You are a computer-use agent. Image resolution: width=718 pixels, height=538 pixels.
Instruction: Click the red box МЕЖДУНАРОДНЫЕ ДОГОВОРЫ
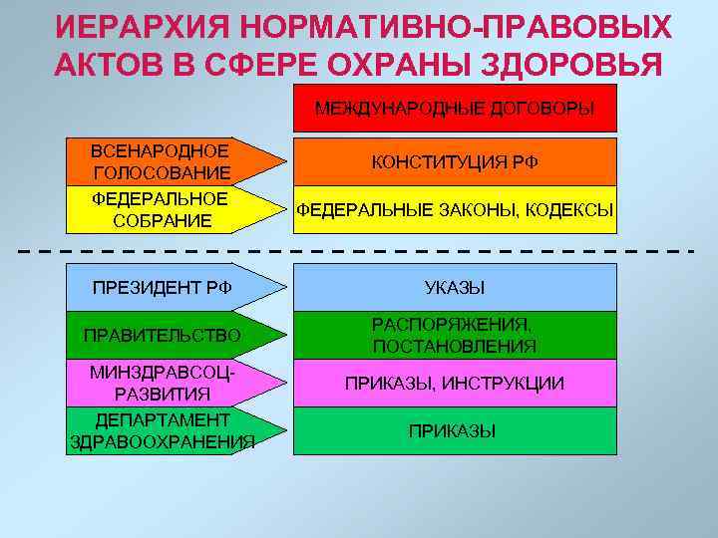pos(455,109)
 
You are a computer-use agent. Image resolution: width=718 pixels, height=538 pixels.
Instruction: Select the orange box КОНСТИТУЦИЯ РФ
pos(455,161)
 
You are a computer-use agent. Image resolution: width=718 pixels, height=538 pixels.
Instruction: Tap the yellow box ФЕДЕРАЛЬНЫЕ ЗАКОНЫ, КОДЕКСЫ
pos(455,210)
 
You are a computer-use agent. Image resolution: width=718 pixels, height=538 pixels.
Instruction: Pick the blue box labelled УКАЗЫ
pos(455,288)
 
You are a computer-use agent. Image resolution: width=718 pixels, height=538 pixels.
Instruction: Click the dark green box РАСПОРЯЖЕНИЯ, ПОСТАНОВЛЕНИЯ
pos(455,335)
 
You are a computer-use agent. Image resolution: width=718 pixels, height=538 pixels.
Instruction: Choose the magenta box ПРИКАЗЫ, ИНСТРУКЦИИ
pos(455,384)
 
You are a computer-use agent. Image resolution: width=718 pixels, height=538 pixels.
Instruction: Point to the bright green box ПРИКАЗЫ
pos(455,431)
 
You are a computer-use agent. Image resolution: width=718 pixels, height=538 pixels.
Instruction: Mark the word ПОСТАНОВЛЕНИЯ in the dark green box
pos(455,347)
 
